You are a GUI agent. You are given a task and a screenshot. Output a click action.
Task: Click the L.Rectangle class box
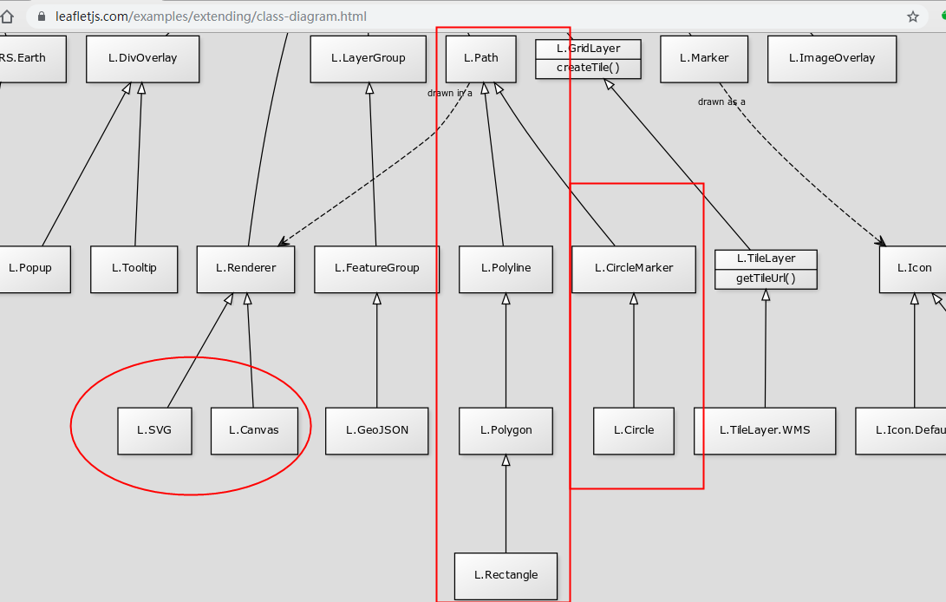click(506, 575)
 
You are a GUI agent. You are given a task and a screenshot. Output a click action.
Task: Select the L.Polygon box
click(506, 430)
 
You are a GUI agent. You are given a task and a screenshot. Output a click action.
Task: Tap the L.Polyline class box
click(506, 268)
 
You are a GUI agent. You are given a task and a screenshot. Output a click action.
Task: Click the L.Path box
click(480, 59)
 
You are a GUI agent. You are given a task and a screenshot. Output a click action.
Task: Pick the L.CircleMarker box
click(634, 268)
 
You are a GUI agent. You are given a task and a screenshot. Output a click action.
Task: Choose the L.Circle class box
click(634, 430)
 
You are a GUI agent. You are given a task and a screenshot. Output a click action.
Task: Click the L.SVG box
click(154, 430)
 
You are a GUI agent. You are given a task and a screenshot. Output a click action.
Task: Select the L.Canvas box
click(254, 430)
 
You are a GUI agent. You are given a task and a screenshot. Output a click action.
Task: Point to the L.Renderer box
click(246, 268)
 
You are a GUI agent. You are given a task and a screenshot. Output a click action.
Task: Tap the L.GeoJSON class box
click(376, 430)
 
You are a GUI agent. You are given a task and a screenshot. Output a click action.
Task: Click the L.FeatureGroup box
click(376, 268)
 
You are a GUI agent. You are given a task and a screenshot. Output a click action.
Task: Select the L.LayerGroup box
click(369, 59)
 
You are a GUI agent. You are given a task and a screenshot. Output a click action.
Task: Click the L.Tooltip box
click(134, 268)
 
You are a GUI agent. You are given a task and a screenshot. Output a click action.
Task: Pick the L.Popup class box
click(31, 268)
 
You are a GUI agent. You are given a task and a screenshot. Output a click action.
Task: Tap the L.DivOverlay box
click(143, 59)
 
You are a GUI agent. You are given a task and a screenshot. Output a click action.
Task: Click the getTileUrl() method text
click(766, 278)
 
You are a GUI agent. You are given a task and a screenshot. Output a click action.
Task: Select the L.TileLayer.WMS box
click(765, 430)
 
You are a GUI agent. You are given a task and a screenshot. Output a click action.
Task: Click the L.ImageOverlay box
click(832, 59)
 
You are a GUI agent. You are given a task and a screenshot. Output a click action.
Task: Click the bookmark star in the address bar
click(913, 16)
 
